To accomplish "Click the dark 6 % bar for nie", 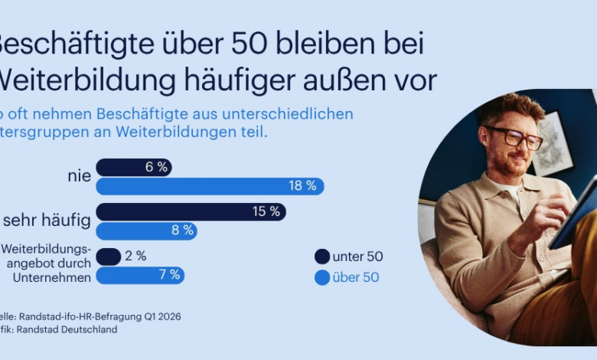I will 133,167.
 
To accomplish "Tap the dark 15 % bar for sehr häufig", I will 191,211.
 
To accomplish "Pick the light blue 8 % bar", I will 145,230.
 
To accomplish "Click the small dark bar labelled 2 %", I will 108,257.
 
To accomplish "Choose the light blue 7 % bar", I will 140,275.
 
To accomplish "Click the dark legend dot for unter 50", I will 322,257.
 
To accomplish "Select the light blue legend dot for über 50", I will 322,277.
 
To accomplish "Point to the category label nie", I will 79,176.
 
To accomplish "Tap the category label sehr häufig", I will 47,221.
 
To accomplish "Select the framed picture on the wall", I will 552,142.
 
